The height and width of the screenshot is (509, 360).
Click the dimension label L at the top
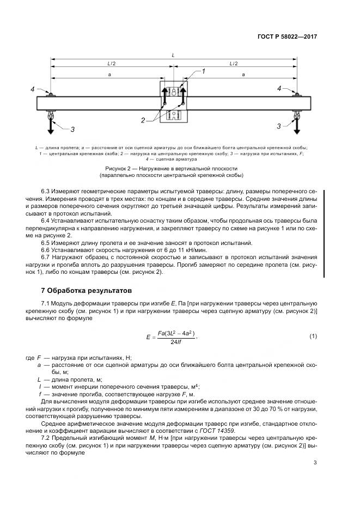[173, 56]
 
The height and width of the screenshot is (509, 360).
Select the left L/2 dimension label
[111, 64]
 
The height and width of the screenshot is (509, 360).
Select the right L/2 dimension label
[234, 64]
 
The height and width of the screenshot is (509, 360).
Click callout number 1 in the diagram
[203, 71]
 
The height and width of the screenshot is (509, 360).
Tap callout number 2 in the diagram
[143, 120]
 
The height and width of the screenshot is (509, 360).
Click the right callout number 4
[279, 88]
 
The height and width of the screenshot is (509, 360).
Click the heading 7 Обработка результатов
[86, 290]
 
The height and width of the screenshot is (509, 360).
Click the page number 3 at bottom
[315, 463]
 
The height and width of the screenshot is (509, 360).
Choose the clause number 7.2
[46, 438]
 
